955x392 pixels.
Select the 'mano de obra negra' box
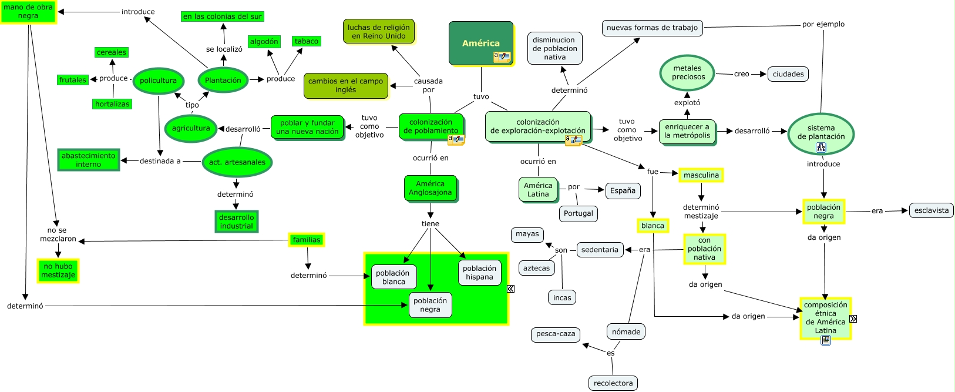point(28,12)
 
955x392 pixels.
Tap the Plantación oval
point(223,81)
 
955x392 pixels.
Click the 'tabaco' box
point(307,41)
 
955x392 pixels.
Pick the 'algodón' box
point(264,42)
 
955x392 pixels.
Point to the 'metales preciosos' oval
point(688,73)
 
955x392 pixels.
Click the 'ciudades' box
point(788,74)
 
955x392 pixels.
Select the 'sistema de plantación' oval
point(821,133)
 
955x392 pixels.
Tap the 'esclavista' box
point(931,210)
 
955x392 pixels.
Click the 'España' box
point(623,190)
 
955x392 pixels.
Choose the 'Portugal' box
point(579,213)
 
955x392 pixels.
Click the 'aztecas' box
point(536,268)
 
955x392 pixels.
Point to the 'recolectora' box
point(613,383)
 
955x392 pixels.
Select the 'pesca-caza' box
point(556,334)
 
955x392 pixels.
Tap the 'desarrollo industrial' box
point(236,222)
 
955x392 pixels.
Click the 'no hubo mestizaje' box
point(58,270)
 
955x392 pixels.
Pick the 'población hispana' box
point(480,273)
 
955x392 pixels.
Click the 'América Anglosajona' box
point(431,188)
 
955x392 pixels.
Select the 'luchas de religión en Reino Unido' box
point(379,32)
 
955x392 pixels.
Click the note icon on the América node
point(502,57)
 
